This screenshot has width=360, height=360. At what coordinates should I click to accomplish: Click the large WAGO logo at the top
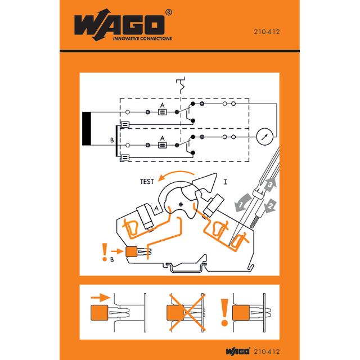pos(119,25)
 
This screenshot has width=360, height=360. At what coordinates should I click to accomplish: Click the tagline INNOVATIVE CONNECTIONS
pos(142,39)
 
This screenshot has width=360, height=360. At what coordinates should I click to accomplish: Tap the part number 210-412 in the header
pos(267,31)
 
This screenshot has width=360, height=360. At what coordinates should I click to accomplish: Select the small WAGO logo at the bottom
pos(237,351)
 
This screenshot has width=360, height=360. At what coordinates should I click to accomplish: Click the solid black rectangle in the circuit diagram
pos(87,129)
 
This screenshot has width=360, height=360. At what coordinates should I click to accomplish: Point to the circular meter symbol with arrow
pos(264,137)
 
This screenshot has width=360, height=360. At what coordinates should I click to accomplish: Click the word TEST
pos(147,182)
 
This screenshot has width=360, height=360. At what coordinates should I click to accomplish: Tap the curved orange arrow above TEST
pos(175,175)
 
